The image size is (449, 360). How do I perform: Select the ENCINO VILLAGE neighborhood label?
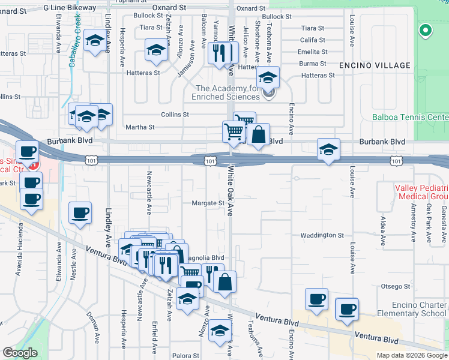pos(375,65)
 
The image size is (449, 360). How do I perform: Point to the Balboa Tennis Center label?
pos(411,117)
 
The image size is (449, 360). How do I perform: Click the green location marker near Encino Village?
pos(425,29)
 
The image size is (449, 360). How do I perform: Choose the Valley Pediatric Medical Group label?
pos(421,192)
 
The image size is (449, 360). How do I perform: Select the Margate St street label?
pos(208,203)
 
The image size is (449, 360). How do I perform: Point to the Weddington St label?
pos(322,236)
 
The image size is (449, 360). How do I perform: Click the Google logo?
pos(20,353)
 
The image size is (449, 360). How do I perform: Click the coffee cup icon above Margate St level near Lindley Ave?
pos(80,212)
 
